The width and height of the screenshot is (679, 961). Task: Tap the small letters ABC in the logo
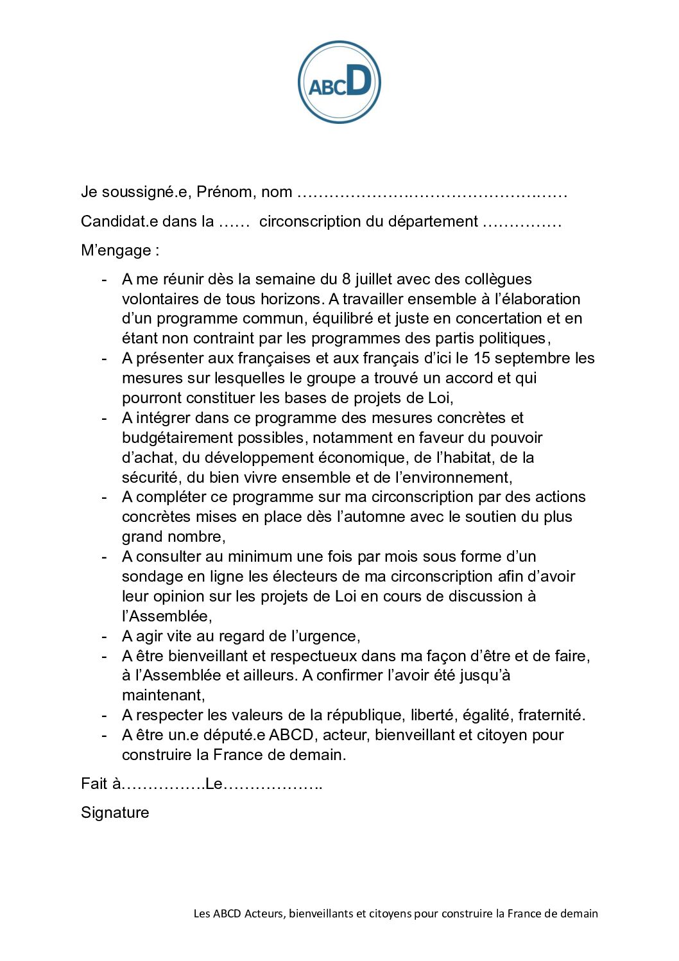click(x=327, y=87)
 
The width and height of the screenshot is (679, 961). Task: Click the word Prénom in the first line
click(x=224, y=192)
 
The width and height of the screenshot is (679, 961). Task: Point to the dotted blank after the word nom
click(x=433, y=192)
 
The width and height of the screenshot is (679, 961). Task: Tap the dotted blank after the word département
click(x=522, y=221)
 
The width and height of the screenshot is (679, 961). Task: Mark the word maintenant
click(x=163, y=695)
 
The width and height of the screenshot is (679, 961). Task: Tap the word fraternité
click(x=552, y=715)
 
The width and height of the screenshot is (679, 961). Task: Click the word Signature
click(x=115, y=813)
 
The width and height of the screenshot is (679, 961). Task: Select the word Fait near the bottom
click(x=94, y=784)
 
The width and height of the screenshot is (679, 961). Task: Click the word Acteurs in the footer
click(x=264, y=913)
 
